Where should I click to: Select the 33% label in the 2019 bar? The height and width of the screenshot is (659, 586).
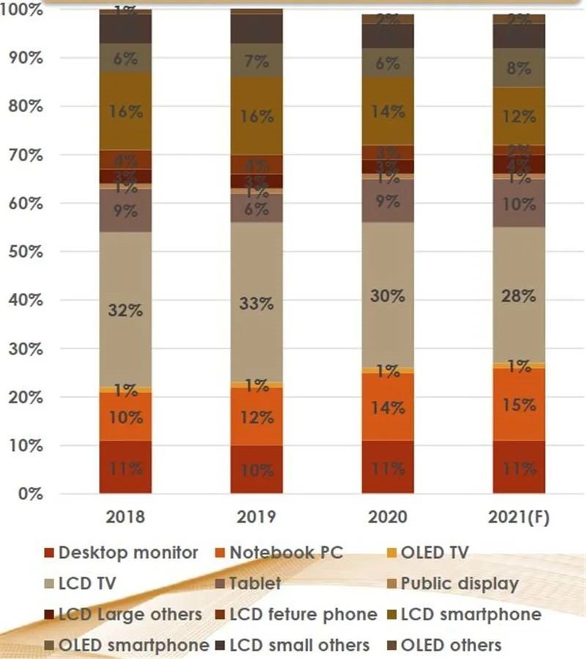(256, 304)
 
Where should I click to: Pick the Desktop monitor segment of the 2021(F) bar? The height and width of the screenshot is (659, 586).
(519, 466)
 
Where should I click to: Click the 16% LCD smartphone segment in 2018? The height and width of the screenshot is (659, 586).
(125, 111)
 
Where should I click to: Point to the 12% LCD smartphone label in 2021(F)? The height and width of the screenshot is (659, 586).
(519, 116)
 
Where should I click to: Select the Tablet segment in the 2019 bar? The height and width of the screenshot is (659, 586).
(256, 209)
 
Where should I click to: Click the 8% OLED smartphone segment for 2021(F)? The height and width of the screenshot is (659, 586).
(519, 68)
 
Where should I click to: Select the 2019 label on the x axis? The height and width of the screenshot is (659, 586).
(256, 518)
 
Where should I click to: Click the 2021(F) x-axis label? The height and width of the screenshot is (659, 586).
(519, 518)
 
